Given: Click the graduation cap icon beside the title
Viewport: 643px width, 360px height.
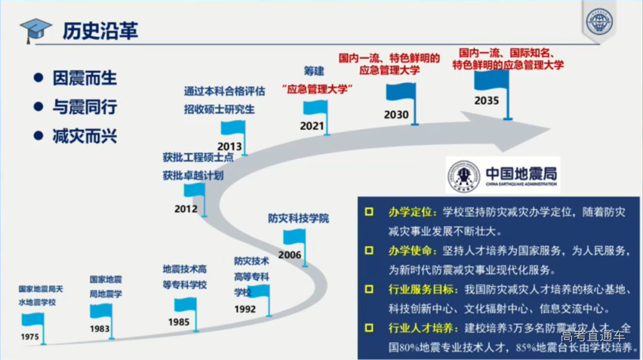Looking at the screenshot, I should coord(35,30).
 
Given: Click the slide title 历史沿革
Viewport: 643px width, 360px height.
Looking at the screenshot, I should coord(101,30).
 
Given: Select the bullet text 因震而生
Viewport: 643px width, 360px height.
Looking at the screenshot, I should coord(85,79).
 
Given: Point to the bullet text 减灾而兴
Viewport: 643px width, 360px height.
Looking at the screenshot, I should coord(85,136).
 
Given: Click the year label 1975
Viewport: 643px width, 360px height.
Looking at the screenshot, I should coord(30,337).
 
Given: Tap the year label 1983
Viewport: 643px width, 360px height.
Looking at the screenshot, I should coord(99,328).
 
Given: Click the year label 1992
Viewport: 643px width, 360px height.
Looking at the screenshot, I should coord(245,309).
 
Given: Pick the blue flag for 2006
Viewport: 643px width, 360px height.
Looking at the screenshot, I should coord(294,237).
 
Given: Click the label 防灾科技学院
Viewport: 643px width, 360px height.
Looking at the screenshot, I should coord(298,218).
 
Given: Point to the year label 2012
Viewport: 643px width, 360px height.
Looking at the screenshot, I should coord(186,209).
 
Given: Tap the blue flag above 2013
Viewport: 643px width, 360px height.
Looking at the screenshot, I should coord(233,128).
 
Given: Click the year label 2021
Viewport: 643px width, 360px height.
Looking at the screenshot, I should coord(312,126).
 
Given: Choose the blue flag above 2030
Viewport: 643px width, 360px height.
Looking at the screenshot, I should coord(402,93).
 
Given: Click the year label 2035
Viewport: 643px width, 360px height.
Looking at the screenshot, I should coord(486,101).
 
